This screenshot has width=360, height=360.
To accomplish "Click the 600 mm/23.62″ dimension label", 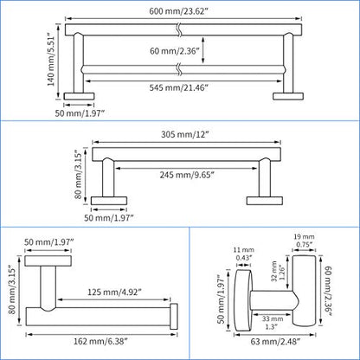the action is (178, 11).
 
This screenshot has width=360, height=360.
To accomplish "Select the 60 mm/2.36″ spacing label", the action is (175, 51).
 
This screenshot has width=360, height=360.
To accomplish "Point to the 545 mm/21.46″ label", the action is (178, 87).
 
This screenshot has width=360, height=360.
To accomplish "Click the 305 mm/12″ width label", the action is (184, 134).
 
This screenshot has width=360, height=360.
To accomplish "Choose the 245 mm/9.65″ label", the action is (187, 175).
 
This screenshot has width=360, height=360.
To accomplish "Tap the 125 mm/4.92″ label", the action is (114, 292).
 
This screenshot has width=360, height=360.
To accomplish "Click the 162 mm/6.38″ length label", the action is (100, 341).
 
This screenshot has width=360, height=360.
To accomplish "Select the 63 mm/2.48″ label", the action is (275, 342).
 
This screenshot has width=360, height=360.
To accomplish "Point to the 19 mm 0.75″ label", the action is (304, 241).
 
